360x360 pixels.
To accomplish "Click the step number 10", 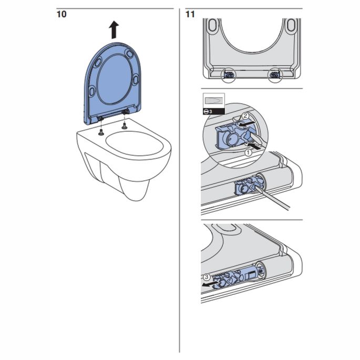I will point(61,14).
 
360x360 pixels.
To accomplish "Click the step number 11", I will point(190,14).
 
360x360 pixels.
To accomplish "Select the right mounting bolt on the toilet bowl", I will point(125,126).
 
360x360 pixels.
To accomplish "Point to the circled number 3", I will point(208,276).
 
